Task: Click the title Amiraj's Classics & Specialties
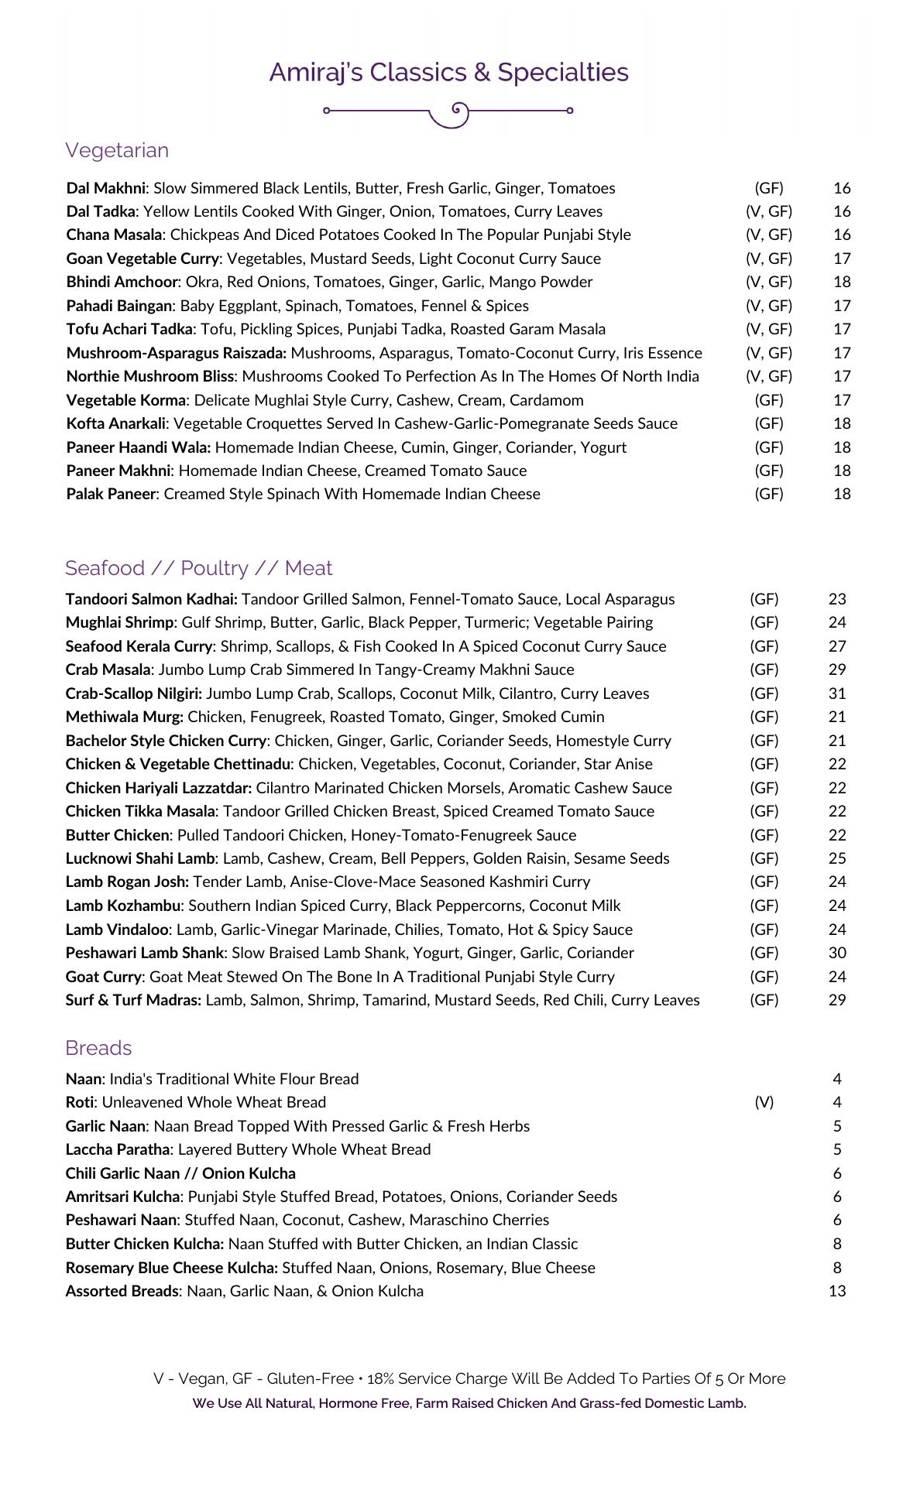(448, 72)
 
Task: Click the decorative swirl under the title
(448, 113)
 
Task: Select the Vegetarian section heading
(117, 150)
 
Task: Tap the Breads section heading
(98, 1048)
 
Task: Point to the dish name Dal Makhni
(106, 188)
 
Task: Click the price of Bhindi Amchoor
(842, 282)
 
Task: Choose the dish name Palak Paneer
(111, 494)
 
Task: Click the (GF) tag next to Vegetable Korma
(769, 400)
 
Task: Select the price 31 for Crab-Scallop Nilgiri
(837, 693)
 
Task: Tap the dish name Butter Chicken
(117, 835)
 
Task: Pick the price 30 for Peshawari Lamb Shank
(837, 953)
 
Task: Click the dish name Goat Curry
(104, 977)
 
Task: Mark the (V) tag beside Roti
(764, 1102)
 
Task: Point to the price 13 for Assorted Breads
(837, 1291)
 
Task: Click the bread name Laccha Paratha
(117, 1149)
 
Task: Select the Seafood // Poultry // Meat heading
(199, 568)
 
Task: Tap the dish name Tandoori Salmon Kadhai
(151, 599)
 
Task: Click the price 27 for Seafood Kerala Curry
(837, 646)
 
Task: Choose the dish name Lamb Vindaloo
(117, 930)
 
